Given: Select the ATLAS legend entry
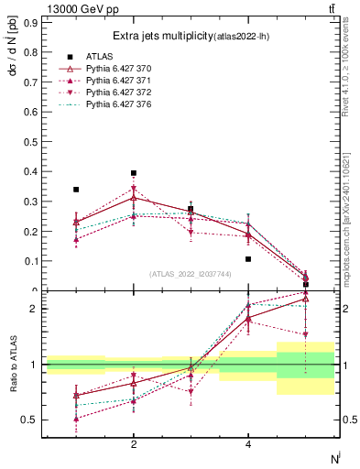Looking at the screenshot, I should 100,56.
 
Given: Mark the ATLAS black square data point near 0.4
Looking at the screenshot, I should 134,173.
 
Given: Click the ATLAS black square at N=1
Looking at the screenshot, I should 76,190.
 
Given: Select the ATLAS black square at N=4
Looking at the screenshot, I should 248,259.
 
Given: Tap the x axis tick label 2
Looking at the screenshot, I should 134,444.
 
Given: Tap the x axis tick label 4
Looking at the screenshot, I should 248,444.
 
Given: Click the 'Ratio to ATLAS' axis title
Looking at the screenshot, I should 12,364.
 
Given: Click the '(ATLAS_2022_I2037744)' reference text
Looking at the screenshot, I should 191,274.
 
